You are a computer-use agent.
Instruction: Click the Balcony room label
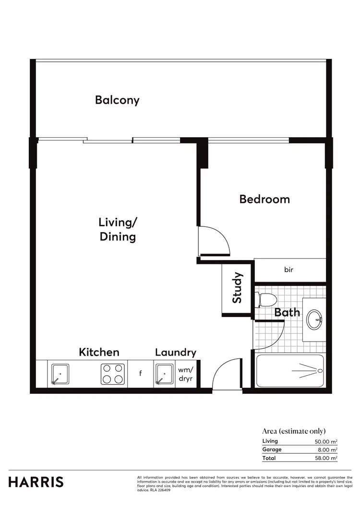[117, 100]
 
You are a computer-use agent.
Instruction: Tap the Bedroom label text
[264, 199]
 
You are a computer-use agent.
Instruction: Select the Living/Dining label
[118, 229]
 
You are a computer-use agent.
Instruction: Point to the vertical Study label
[237, 288]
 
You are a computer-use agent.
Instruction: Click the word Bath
[287, 313]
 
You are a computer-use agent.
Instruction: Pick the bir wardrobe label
[288, 270]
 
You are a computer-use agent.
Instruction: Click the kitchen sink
[60, 374]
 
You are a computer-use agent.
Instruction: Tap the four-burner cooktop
[113, 374]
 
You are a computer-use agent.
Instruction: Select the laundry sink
[164, 374]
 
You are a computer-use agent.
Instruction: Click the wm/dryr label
[185, 374]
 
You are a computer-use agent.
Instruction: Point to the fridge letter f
[140, 373]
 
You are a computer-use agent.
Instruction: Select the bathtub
[290, 370]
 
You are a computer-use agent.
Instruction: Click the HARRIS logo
[36, 482]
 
